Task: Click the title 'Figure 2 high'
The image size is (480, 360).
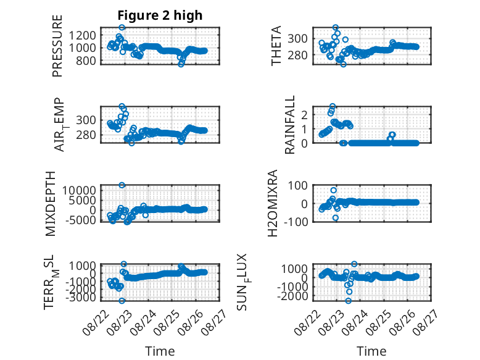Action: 160,15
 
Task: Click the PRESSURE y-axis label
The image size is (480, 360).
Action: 57,46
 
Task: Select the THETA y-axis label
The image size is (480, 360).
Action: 276,46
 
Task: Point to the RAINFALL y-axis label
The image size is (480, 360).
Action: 289,124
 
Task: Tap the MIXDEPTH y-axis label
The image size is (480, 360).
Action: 51,204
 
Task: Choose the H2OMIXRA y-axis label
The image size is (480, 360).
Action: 272,203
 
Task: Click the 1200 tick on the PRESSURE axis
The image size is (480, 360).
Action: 82,36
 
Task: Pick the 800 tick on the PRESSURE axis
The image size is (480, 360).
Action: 86,61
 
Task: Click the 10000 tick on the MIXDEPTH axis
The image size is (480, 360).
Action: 80,191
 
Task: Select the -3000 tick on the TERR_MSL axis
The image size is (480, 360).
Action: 80,297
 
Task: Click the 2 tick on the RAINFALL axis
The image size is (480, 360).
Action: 304,115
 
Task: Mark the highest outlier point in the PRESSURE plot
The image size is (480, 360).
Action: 122,27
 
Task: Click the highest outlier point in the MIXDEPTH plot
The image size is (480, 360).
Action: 122,185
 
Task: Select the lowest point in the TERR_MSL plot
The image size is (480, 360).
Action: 122,301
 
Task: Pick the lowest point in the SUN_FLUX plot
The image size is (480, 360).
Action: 349,301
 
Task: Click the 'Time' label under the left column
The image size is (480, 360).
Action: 160,351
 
